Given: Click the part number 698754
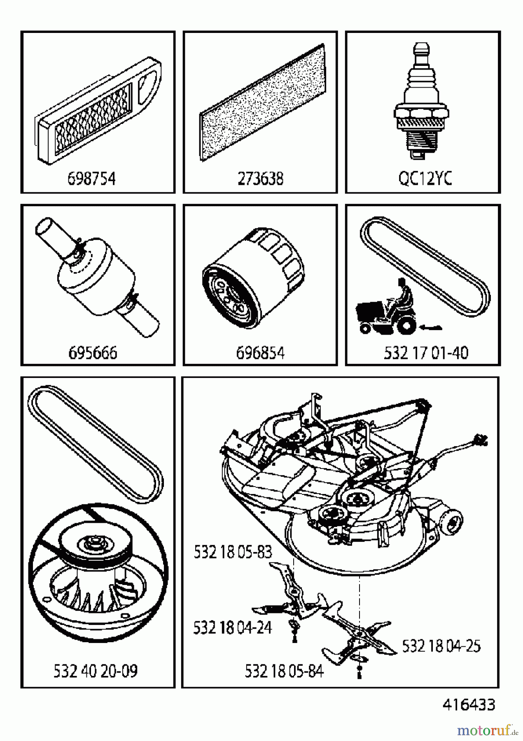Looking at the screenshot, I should coord(91,179).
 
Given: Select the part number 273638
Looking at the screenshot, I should coord(260,179).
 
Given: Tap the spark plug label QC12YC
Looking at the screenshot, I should coord(425,179).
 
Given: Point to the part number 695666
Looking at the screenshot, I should coord(93,353).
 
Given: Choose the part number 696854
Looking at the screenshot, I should coord(260,353).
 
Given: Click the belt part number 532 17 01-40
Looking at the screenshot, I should coord(426,353).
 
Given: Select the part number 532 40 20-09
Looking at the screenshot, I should coord(96,671).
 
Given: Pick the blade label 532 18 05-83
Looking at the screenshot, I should coord(233,552).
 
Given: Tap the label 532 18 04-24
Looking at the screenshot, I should coord(233,628).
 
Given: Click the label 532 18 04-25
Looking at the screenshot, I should coord(441,646).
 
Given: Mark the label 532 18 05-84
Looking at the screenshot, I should coord(284,671).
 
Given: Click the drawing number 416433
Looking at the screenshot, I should coord(469,705).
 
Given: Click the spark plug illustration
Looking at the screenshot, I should coord(420,103).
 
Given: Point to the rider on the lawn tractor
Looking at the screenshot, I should coord(403,294).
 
